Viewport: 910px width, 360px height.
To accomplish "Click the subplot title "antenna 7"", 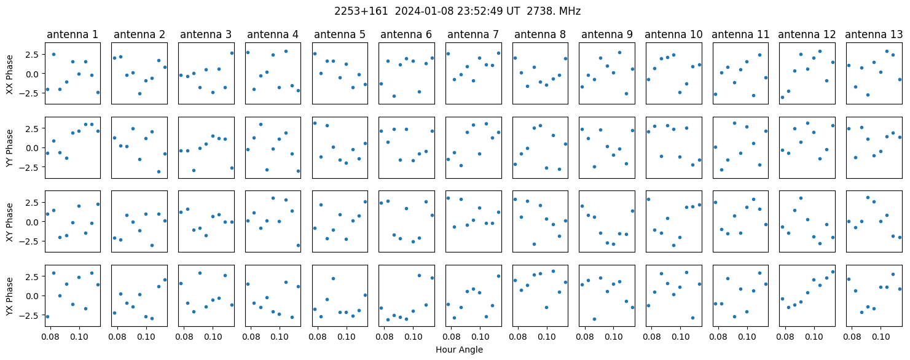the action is pos(473,35).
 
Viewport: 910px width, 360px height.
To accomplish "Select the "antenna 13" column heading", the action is pos(874,35).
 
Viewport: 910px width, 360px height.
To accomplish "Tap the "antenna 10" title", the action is pos(673,35).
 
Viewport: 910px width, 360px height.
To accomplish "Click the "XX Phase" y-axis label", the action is pos(9,74).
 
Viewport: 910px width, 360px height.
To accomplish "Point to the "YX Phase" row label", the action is pos(9,297).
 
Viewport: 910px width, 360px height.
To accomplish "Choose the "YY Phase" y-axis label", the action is pos(9,148).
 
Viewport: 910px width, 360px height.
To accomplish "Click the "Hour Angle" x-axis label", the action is pos(459,350).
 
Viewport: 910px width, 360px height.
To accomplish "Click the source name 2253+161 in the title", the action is pos(361,12).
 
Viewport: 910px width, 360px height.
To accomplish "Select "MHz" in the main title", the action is pos(570,12).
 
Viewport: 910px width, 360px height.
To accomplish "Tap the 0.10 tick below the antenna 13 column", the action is pos(881,337).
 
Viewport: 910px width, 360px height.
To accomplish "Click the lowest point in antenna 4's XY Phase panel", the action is pos(298,245).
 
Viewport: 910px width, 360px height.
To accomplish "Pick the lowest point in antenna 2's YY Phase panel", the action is pos(159,172).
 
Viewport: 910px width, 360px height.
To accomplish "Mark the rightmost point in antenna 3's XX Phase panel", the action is pos(232,53).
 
